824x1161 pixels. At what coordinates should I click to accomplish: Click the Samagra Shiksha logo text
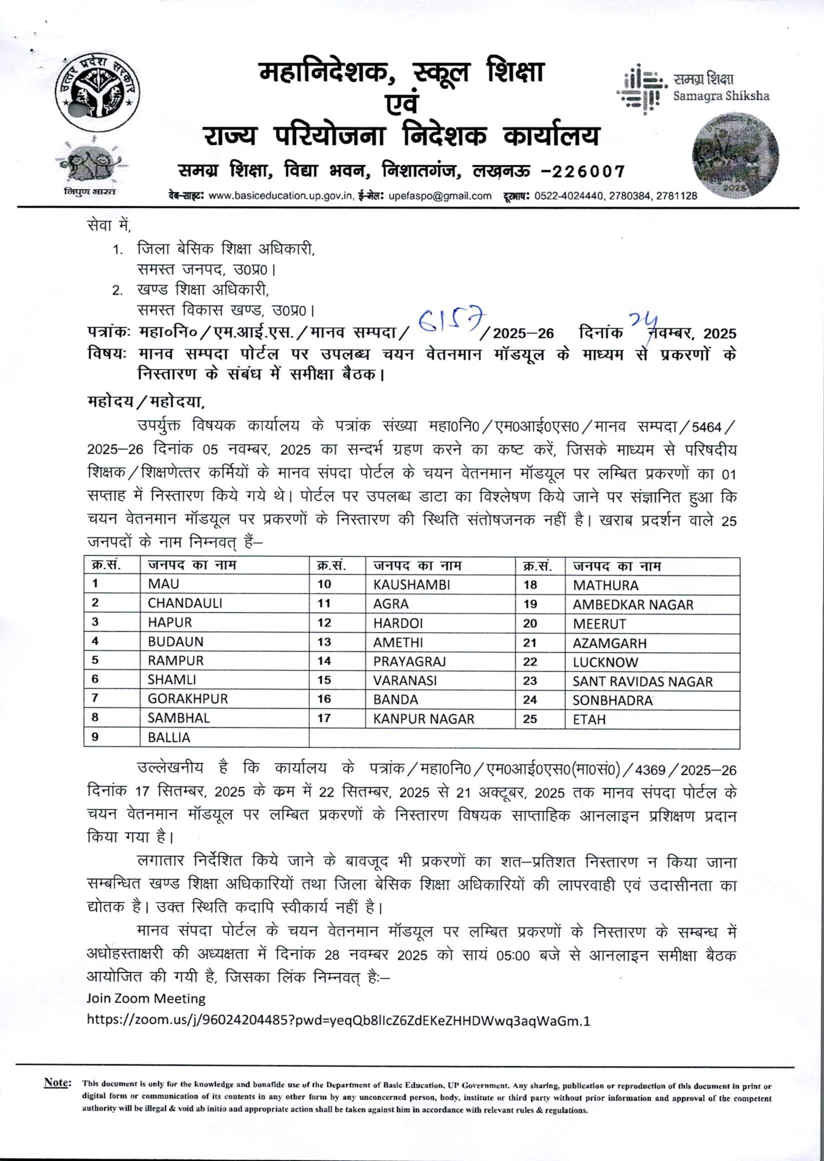[x=721, y=88]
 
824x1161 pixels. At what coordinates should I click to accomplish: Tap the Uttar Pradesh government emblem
[x=98, y=91]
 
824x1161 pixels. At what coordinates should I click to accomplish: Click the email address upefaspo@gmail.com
[x=440, y=196]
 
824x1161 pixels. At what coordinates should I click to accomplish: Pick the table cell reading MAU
[x=164, y=584]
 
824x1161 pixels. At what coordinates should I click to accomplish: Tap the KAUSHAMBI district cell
[x=412, y=585]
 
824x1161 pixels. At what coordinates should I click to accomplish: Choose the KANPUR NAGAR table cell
[x=424, y=719]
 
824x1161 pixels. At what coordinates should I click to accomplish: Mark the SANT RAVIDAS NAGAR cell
[x=643, y=681]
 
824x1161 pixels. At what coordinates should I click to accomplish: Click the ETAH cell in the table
[x=589, y=719]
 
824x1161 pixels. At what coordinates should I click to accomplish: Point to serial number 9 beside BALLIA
[x=95, y=737]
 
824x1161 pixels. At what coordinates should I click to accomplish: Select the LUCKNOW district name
[x=605, y=662]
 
